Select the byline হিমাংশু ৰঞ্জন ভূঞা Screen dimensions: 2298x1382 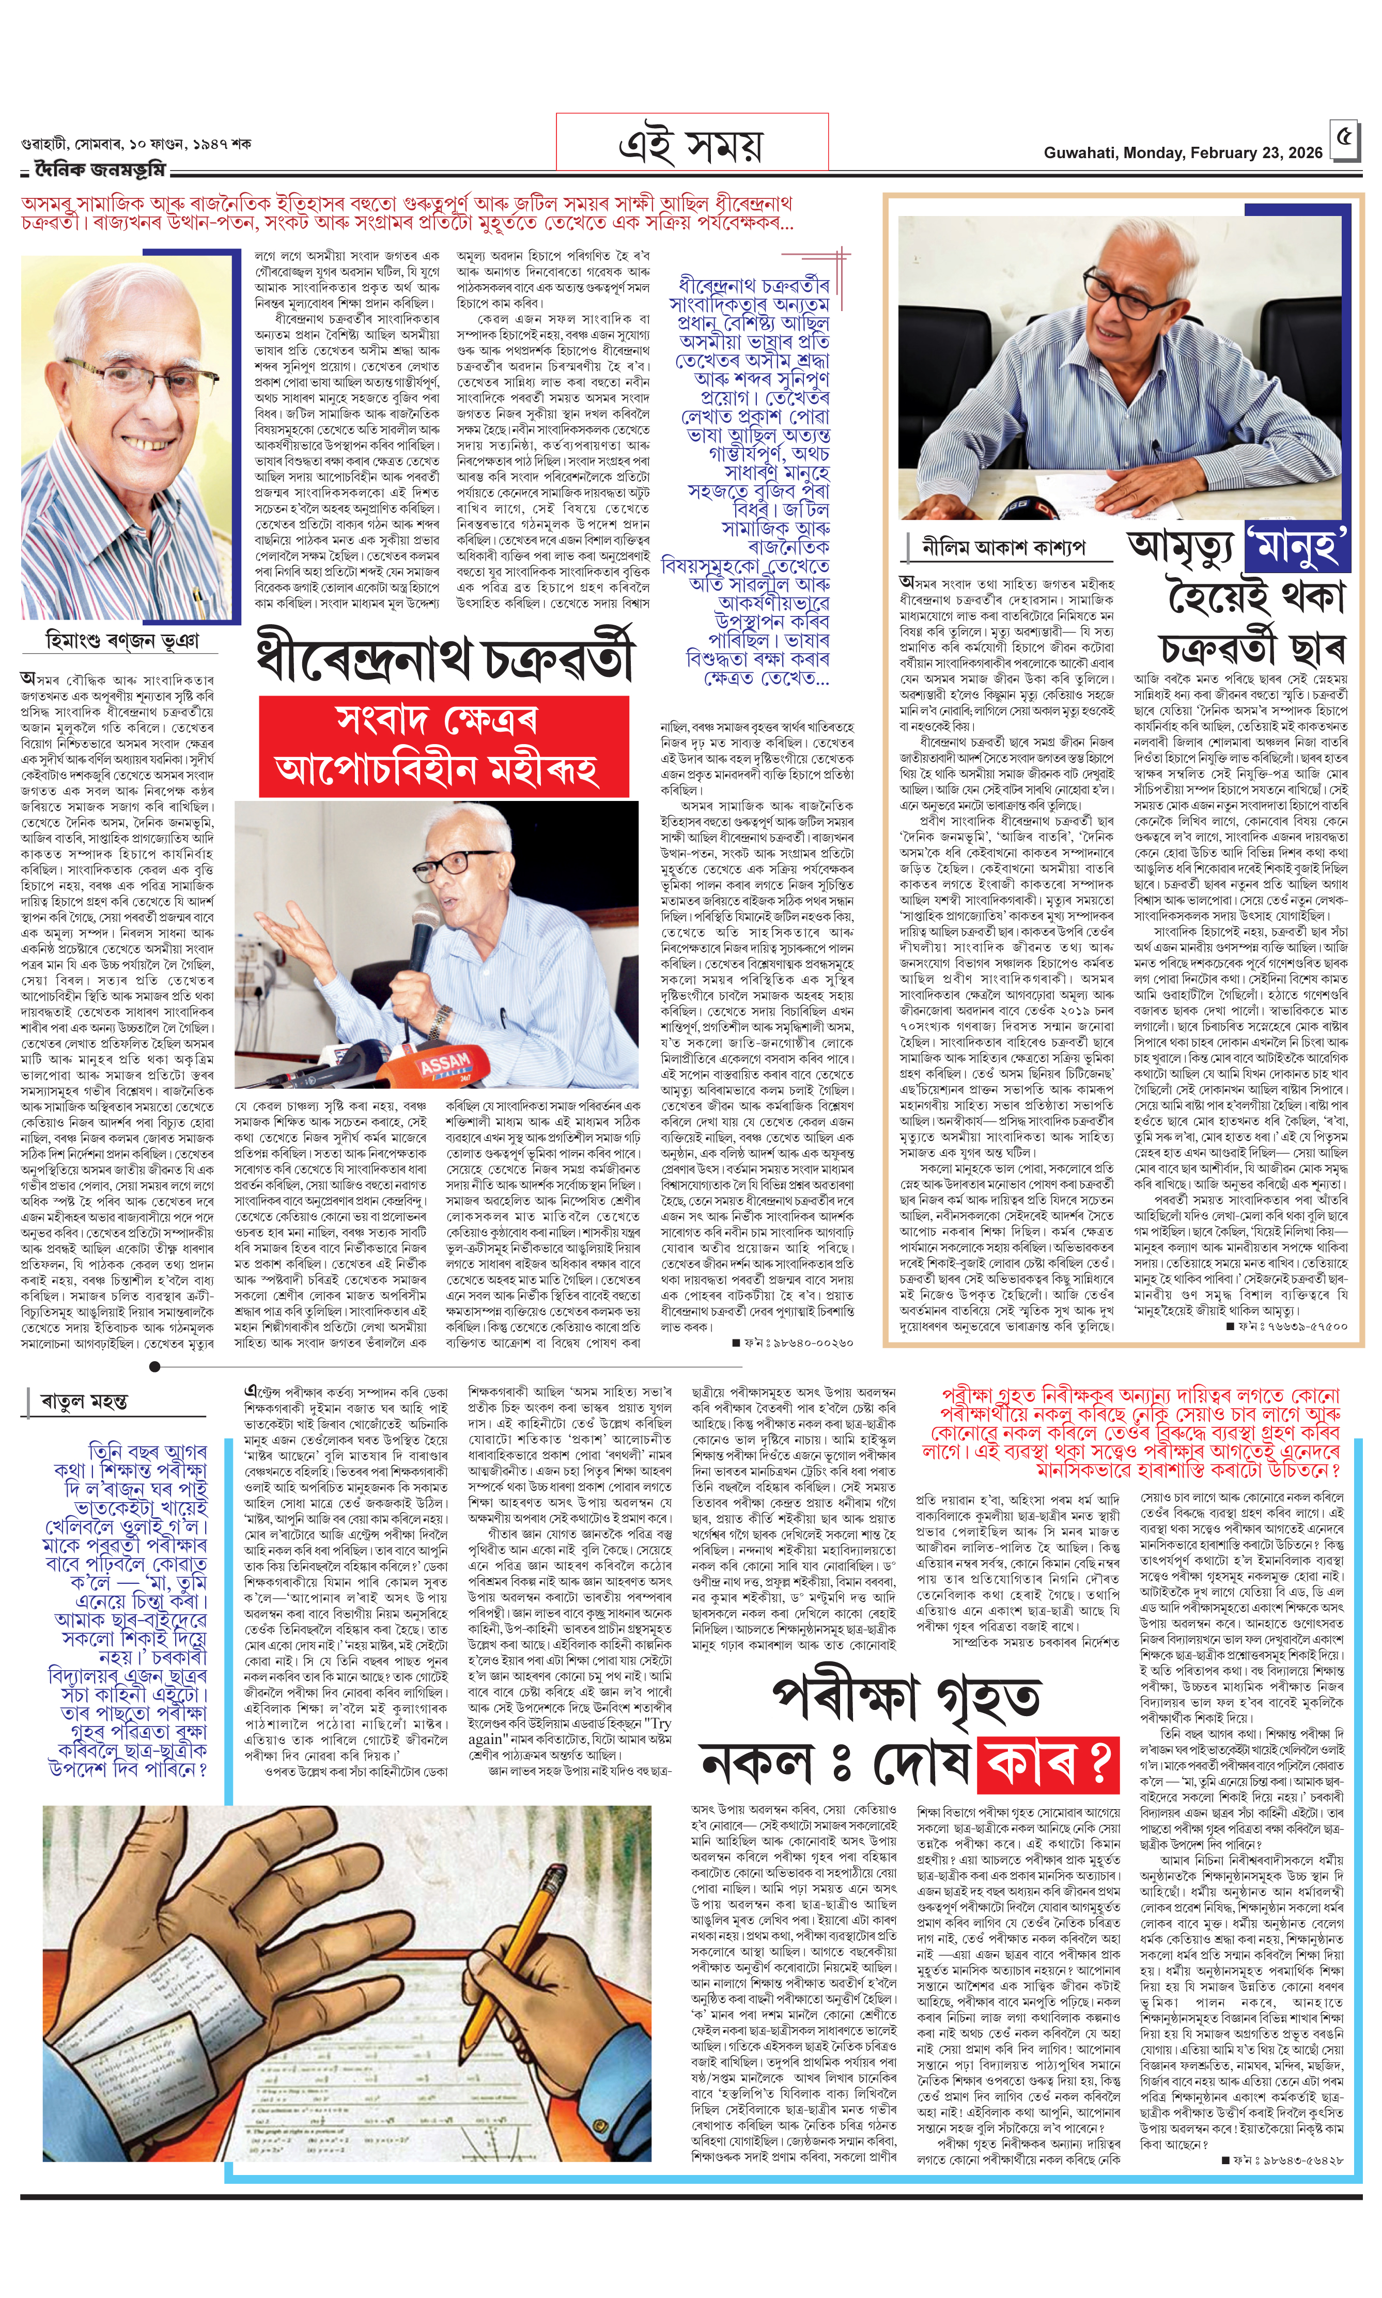pos(121,641)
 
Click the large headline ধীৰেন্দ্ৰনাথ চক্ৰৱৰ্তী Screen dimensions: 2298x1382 pos(446,658)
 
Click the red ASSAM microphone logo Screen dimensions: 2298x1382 pos(445,1064)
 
